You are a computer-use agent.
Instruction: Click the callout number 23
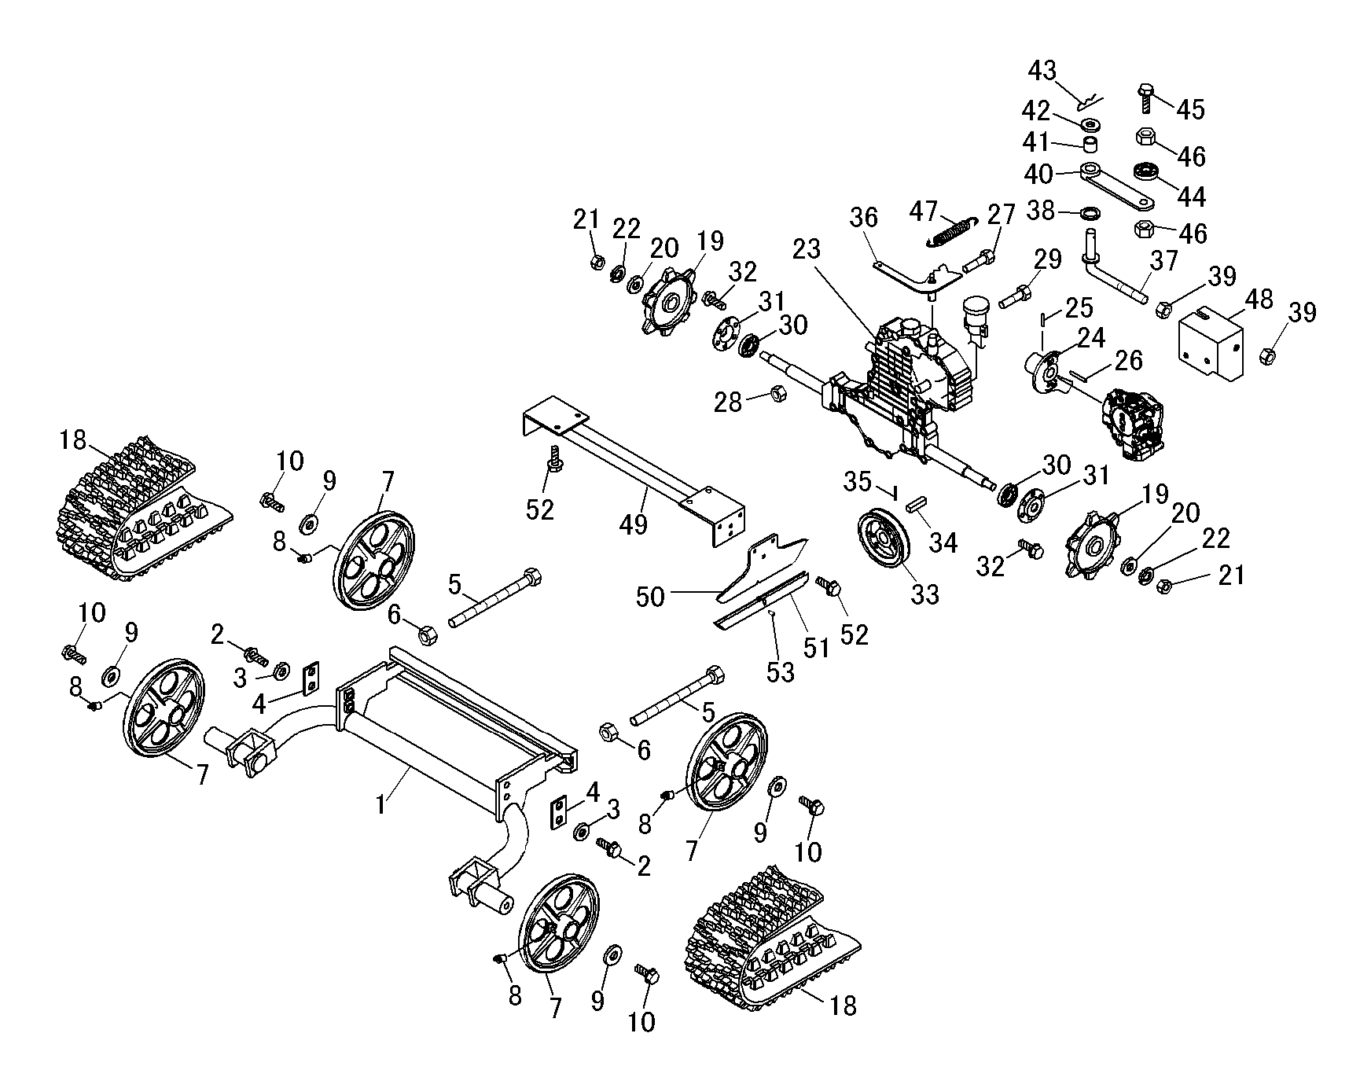[806, 250]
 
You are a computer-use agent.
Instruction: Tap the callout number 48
[1259, 300]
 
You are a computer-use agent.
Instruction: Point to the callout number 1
[380, 805]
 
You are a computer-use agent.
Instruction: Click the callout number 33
[924, 594]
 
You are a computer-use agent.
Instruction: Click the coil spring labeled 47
[954, 230]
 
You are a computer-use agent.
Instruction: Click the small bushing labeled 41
[1090, 145]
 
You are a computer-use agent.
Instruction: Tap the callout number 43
[1043, 71]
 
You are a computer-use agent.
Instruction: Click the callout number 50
[650, 597]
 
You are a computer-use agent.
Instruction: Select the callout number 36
[864, 217]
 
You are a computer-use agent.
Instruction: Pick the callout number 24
[1091, 339]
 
